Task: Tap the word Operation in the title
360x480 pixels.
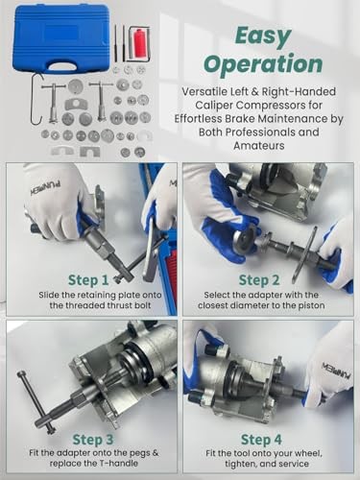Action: click(263, 64)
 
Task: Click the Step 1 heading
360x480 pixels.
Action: click(88, 280)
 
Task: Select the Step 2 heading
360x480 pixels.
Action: click(259, 280)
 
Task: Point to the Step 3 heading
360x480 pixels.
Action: click(93, 440)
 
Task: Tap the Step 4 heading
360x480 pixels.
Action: click(261, 440)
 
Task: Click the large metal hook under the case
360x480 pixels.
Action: click(36, 99)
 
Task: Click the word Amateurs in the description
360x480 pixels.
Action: click(259, 146)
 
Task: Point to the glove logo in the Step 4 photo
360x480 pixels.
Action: click(336, 371)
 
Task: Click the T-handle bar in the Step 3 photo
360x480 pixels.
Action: click(36, 402)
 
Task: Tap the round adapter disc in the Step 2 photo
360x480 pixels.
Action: click(245, 238)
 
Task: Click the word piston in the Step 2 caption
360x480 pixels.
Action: click(311, 305)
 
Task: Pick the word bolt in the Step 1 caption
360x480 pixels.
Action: click(141, 305)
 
